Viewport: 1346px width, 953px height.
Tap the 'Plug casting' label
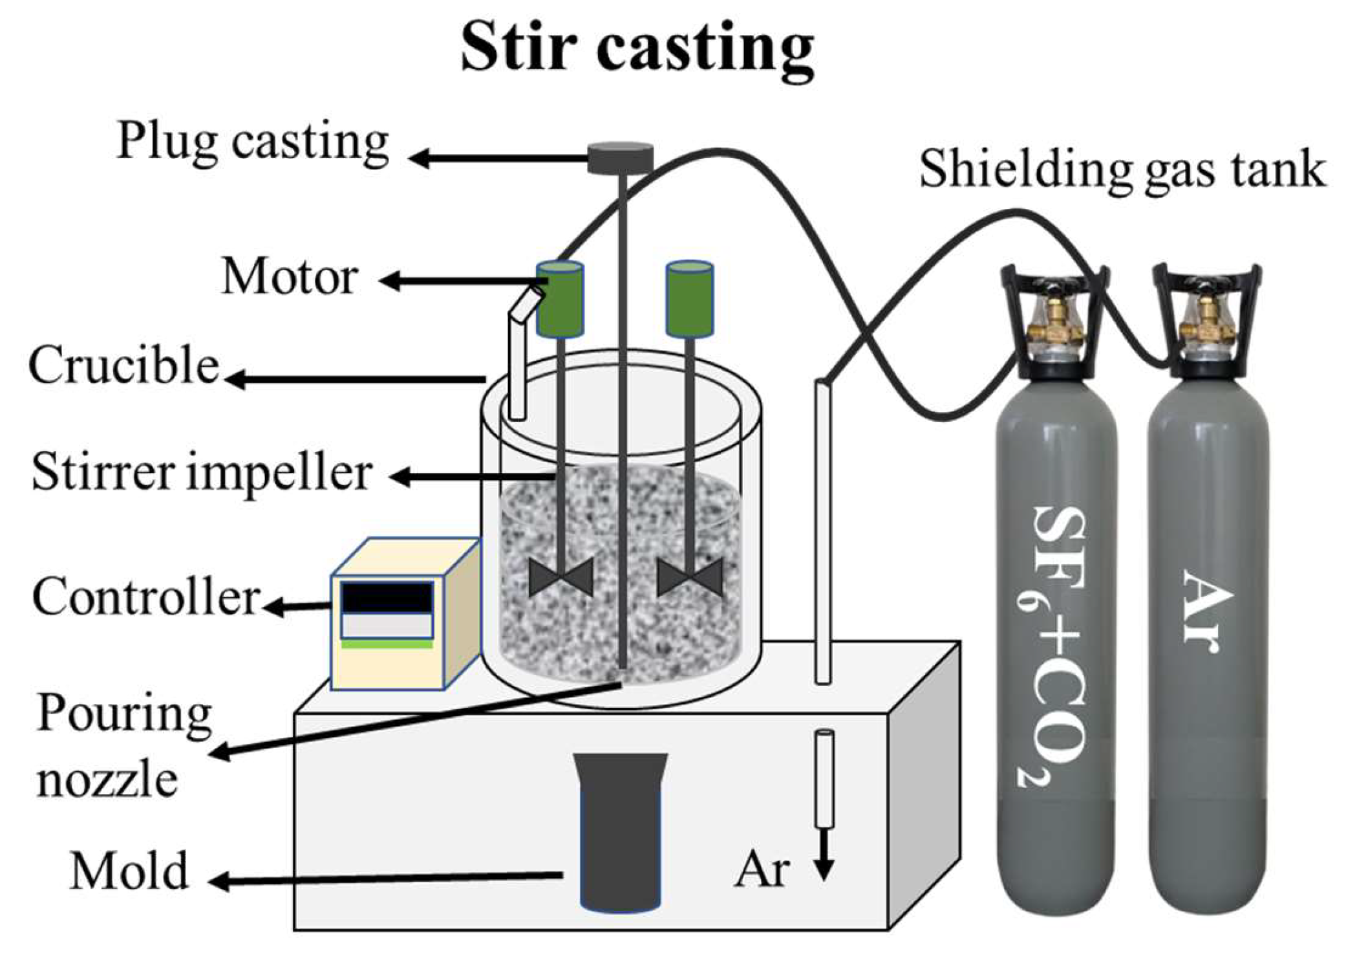click(x=253, y=142)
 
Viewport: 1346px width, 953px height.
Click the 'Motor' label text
click(x=289, y=277)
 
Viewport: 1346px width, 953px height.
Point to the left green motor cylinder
click(x=560, y=298)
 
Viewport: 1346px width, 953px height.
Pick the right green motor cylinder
click(x=689, y=298)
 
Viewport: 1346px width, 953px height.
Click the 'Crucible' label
click(x=124, y=366)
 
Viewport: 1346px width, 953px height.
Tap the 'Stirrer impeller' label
click(x=202, y=472)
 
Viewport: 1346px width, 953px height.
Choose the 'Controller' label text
click(x=146, y=597)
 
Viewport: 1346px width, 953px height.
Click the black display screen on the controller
click(x=387, y=597)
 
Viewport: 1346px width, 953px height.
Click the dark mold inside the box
click(x=620, y=835)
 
